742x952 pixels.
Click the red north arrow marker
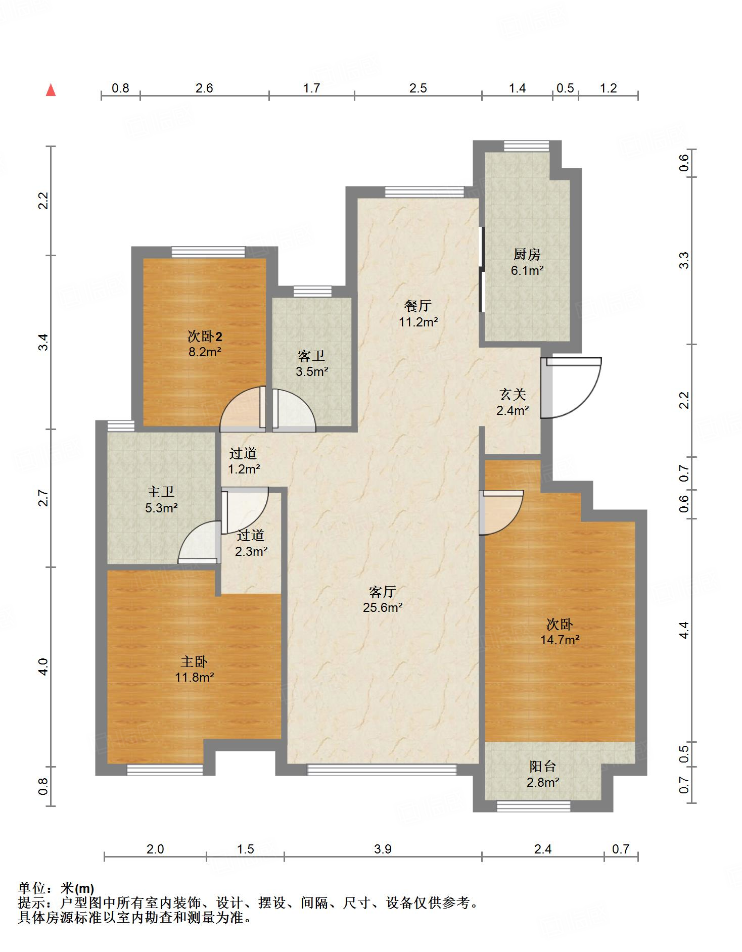51,90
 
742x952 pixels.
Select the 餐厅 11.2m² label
418,313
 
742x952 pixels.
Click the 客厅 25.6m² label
382,599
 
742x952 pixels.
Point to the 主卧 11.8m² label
195,669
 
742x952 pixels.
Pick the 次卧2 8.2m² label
205,344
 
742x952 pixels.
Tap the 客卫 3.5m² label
312,364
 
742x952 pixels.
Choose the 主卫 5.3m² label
161,499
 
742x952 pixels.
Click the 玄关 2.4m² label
513,402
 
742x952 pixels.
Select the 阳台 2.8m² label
543,774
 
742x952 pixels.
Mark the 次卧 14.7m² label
560,632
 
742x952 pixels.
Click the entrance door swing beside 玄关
571,388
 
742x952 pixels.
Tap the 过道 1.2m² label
244,461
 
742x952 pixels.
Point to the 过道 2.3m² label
251,543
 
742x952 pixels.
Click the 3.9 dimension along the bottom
383,849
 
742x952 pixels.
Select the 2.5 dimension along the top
418,88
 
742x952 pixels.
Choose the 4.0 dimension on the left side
44,667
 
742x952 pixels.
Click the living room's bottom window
382,770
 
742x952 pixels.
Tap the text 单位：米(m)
56,888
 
